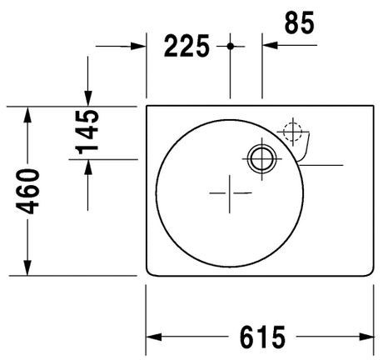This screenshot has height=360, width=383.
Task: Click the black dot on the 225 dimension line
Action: (x=231, y=45)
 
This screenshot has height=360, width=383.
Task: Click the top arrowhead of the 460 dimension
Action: (x=28, y=113)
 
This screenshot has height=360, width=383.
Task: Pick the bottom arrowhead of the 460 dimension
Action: (x=28, y=267)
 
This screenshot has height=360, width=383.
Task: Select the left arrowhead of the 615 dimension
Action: (x=154, y=337)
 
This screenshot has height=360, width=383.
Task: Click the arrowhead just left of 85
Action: (x=270, y=45)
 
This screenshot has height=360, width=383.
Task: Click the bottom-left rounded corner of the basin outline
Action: (x=151, y=272)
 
